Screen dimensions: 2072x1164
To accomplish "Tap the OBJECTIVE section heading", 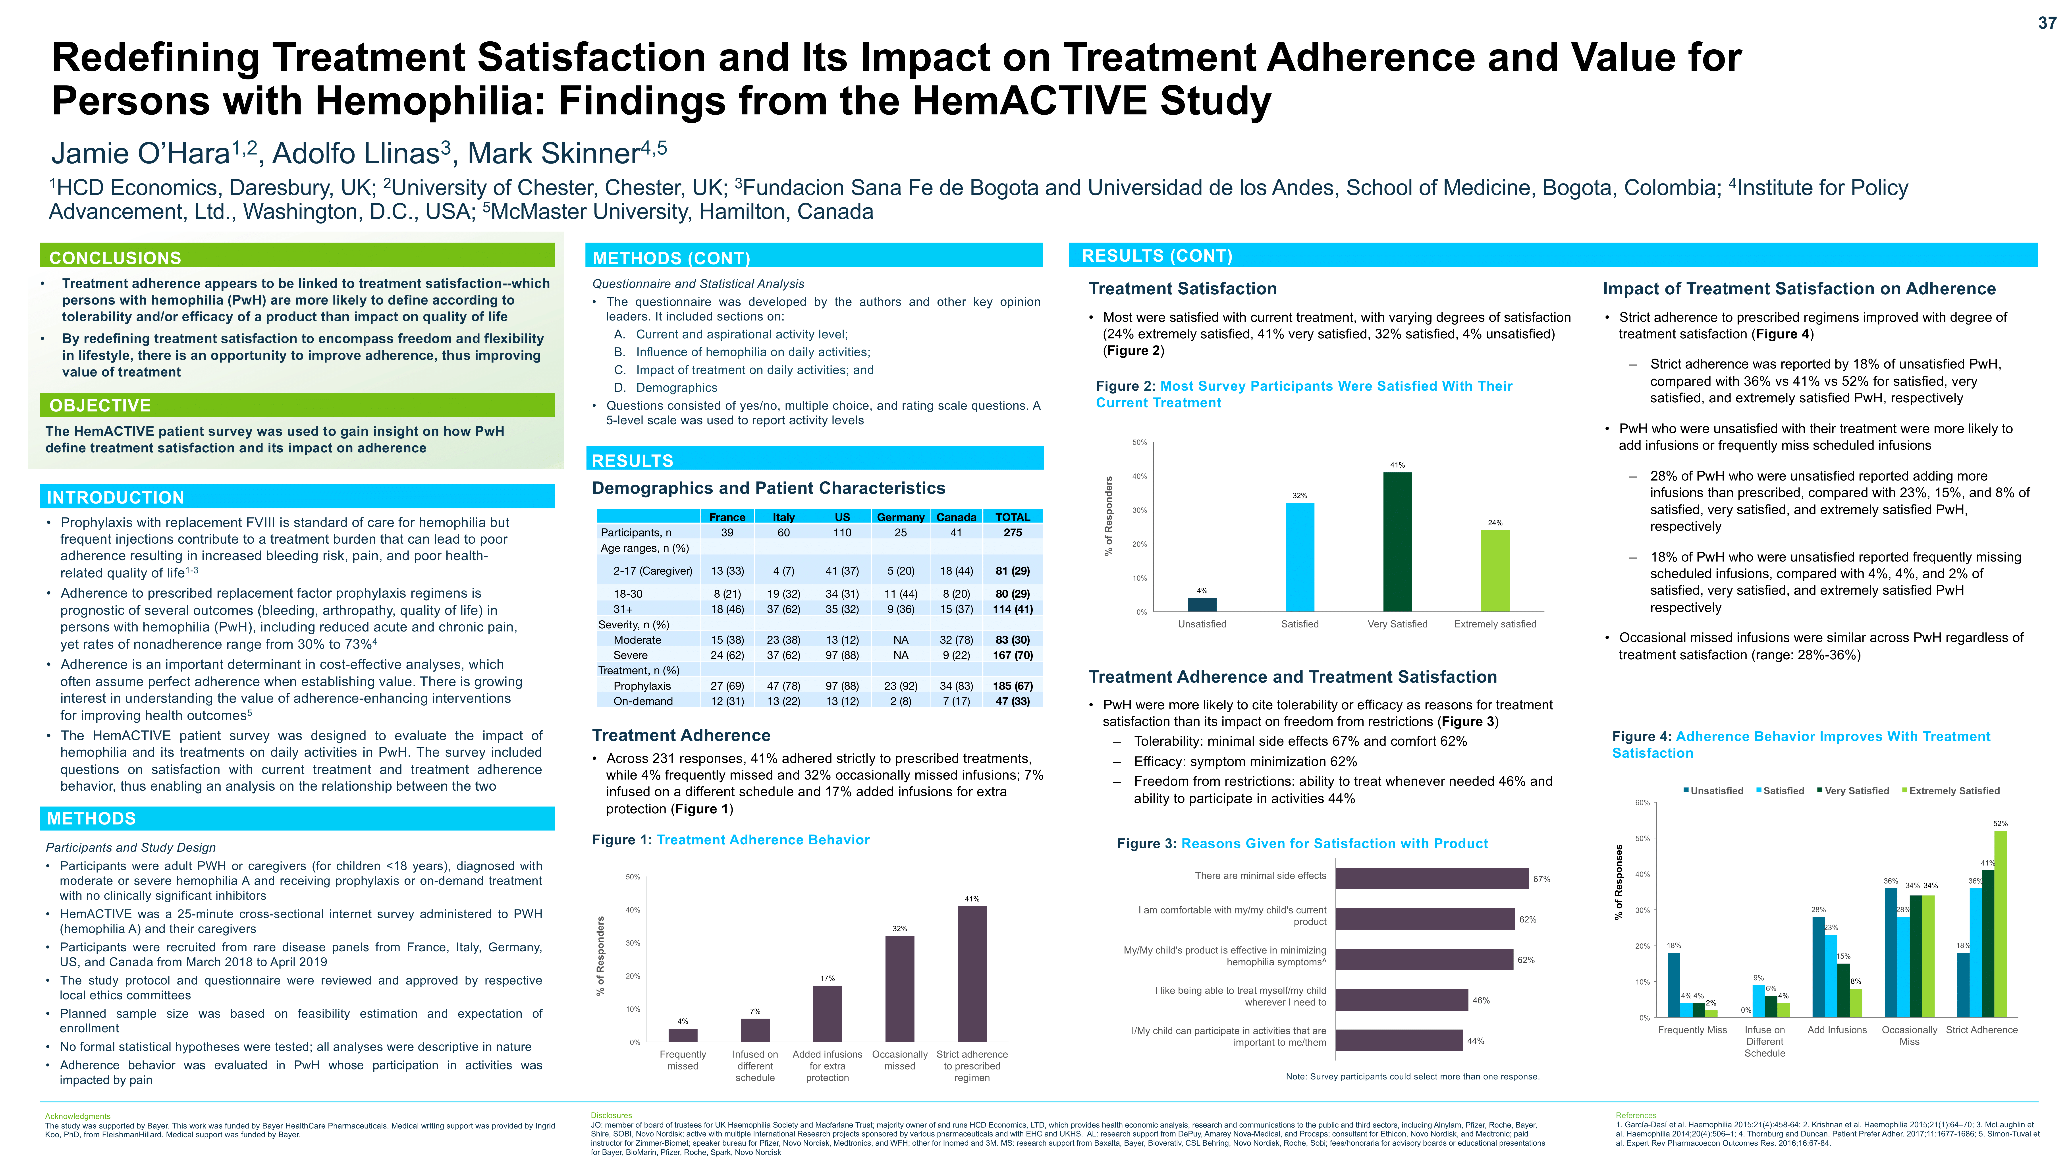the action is (100, 405).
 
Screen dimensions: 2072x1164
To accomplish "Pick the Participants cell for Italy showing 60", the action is (783, 533).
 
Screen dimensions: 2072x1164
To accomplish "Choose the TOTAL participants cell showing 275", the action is (1013, 533).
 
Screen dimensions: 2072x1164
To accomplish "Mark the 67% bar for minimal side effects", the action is (1432, 878).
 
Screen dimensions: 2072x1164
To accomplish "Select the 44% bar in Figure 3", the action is (1399, 1040).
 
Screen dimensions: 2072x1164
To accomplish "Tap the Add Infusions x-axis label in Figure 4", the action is (1837, 1030).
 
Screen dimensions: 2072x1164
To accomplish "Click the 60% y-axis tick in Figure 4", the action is (1642, 803).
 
